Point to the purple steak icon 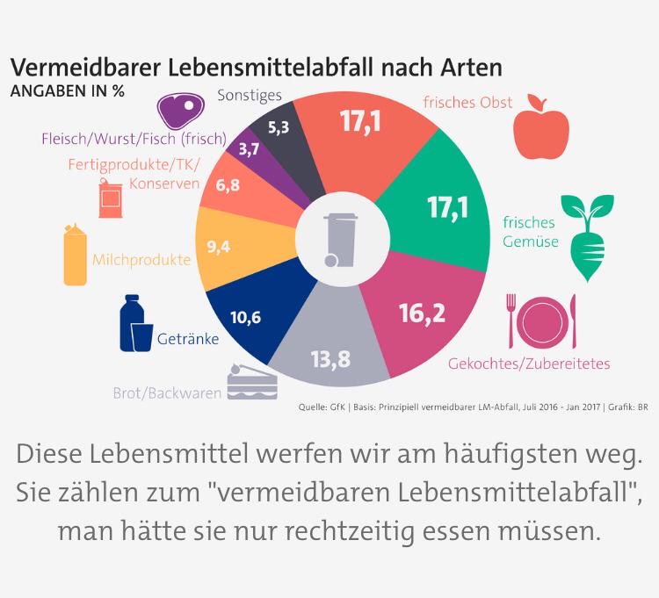[179, 110]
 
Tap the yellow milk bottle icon [76, 256]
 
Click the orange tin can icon [110, 199]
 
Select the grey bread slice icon [252, 383]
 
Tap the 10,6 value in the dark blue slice [245, 318]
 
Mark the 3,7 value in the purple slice [249, 150]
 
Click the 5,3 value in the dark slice [279, 127]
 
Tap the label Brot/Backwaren [167, 393]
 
